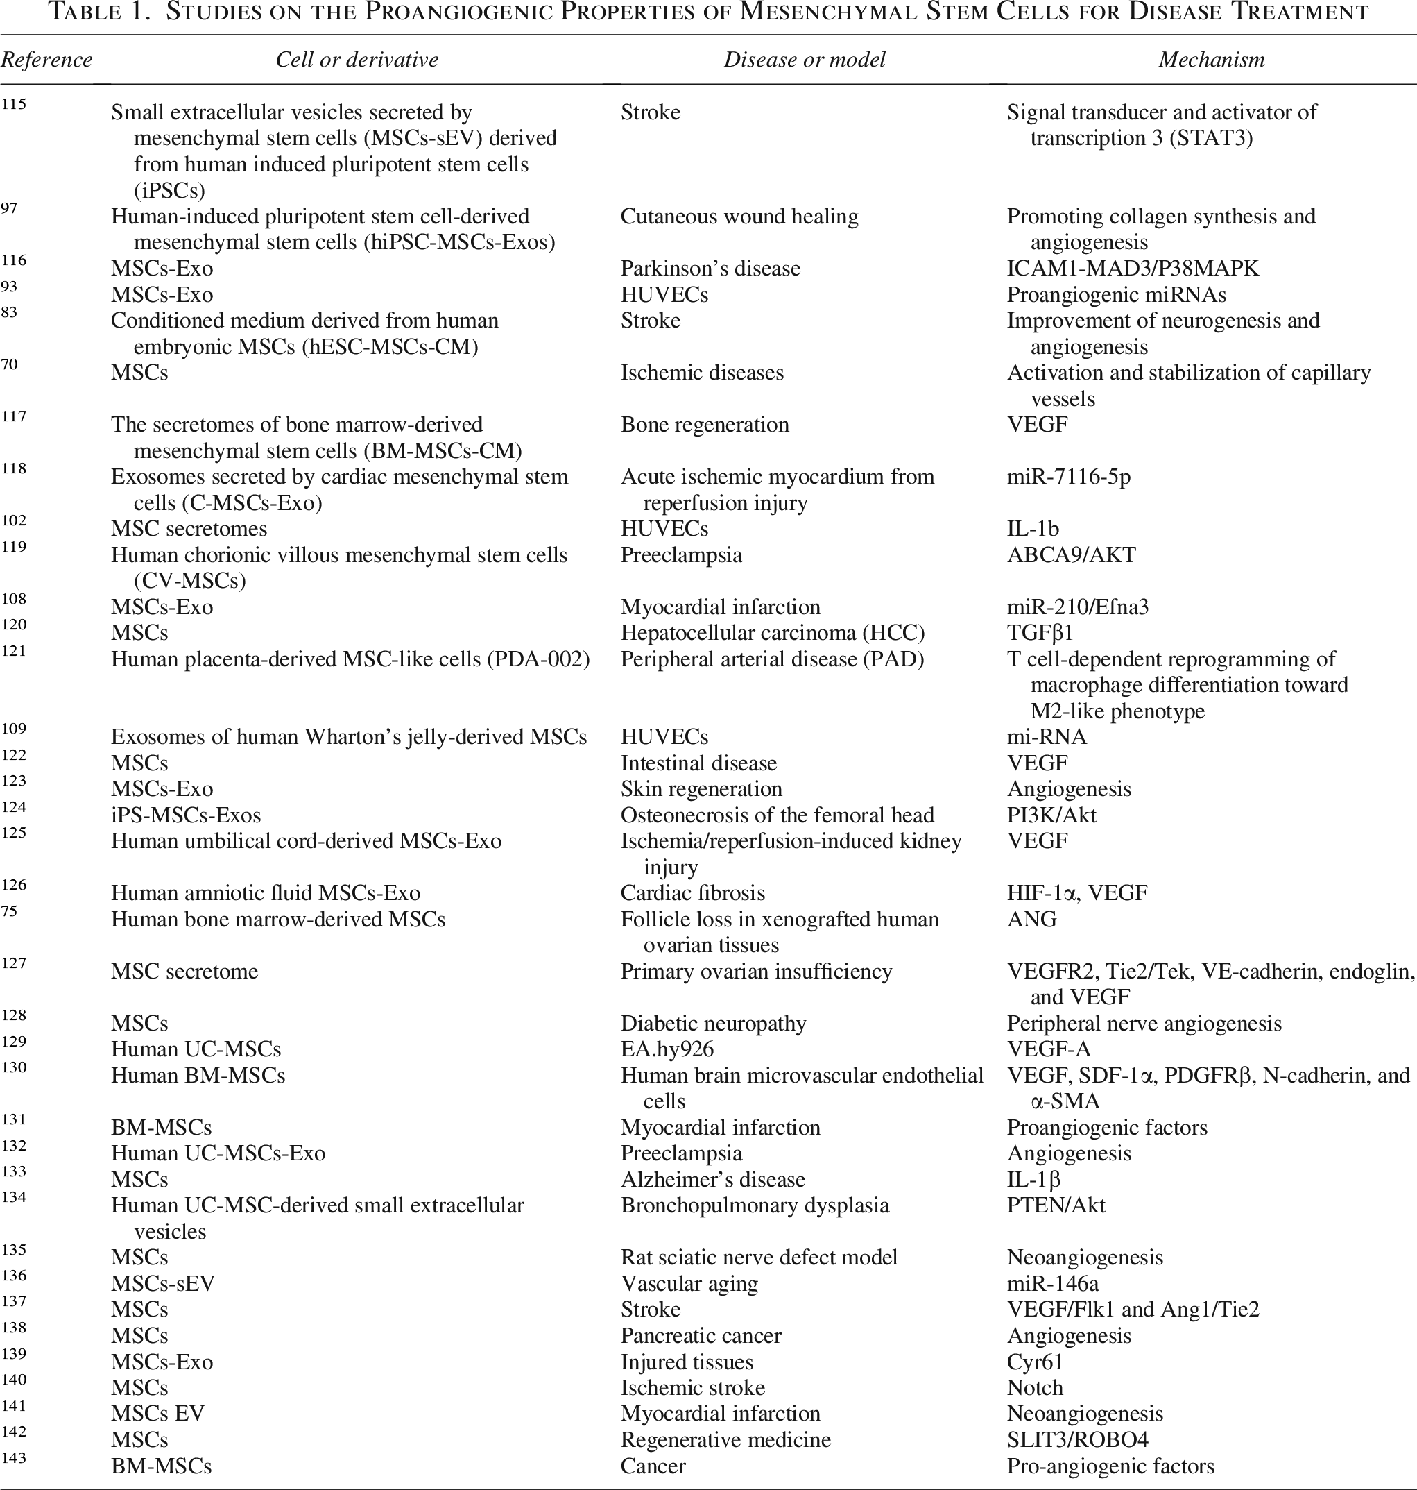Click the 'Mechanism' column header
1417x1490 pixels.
pyautogui.click(x=1211, y=60)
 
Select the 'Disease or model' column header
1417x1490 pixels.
pyautogui.click(x=805, y=60)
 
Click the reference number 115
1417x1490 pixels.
pyautogui.click(x=14, y=104)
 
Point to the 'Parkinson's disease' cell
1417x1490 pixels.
pyautogui.click(x=710, y=269)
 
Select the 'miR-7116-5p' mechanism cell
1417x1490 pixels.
pyautogui.click(x=1068, y=477)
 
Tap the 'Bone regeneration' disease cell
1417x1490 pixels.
pyautogui.click(x=705, y=425)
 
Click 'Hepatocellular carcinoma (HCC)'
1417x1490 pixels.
pyautogui.click(x=773, y=632)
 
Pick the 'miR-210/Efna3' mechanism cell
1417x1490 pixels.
pyautogui.click(x=1077, y=607)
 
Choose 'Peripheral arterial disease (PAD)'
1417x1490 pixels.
pyautogui.click(x=772, y=659)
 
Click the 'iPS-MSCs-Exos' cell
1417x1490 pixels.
pyautogui.click(x=186, y=815)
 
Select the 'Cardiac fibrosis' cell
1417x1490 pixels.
pyautogui.click(x=693, y=893)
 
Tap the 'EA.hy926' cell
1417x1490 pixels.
pyautogui.click(x=667, y=1049)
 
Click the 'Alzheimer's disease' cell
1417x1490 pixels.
pyautogui.click(x=712, y=1180)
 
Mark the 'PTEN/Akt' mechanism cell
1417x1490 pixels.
pyautogui.click(x=1055, y=1205)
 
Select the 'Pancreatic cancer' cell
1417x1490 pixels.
pyautogui.click(x=701, y=1335)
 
